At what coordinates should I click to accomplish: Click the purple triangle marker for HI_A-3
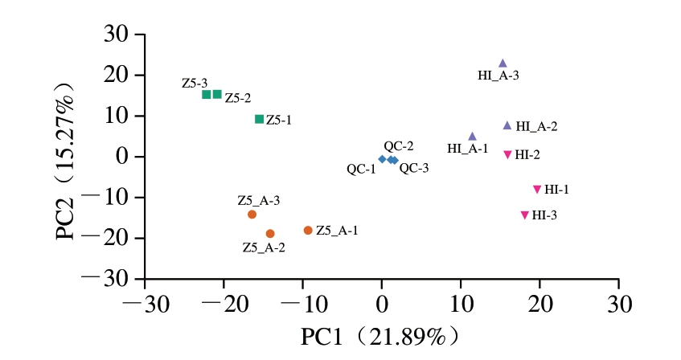[x=503, y=63]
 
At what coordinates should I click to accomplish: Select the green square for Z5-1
[x=259, y=119]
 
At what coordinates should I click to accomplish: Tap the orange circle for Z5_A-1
[x=308, y=230]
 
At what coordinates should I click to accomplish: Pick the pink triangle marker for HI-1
[x=536, y=190]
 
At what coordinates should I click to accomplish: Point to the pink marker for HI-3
[x=524, y=215]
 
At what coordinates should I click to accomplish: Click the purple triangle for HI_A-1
[x=472, y=137]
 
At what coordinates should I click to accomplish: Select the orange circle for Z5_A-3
[x=252, y=214]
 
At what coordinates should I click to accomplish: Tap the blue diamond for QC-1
[x=382, y=159]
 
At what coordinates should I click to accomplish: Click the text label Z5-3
[x=195, y=83]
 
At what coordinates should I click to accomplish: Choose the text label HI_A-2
[x=536, y=126]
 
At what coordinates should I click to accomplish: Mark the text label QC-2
[x=399, y=146]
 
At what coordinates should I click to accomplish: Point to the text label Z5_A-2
[x=264, y=247]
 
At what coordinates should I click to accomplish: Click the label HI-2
[x=527, y=154]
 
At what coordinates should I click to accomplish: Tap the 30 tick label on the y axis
[x=118, y=35]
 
